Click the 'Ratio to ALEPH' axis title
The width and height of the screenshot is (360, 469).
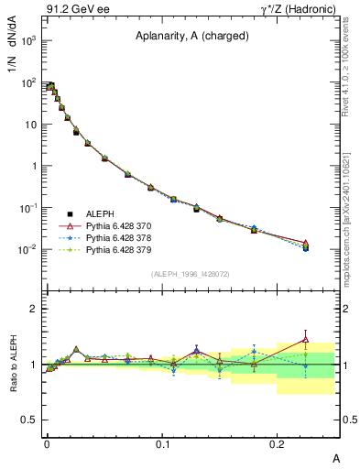[16, 365]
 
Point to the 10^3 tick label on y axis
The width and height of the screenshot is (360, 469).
[28, 42]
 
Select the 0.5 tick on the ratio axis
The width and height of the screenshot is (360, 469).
[28, 420]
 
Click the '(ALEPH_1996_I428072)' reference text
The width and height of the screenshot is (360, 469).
[191, 273]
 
